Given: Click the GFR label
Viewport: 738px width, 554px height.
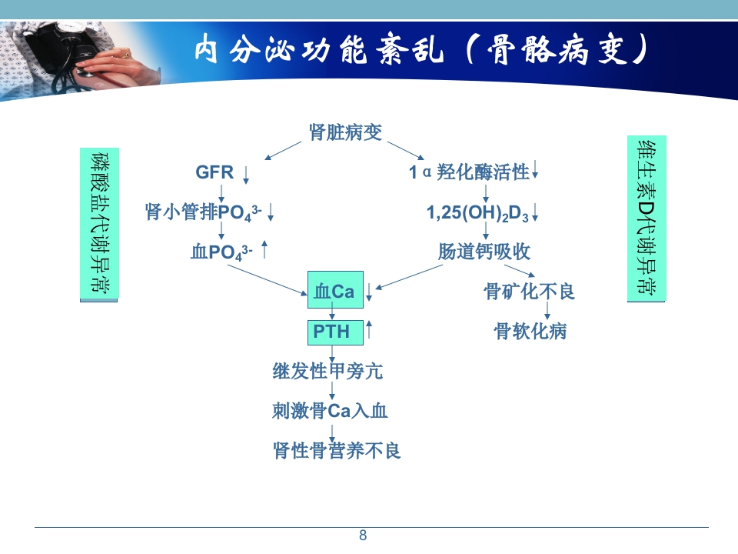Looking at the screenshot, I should pyautogui.click(x=214, y=172).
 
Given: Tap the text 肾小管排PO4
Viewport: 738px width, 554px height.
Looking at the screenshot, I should pyautogui.click(x=203, y=212).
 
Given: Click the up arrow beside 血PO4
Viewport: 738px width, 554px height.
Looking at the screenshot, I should pyautogui.click(x=264, y=249).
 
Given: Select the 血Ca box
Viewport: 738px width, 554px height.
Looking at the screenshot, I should pyautogui.click(x=334, y=291).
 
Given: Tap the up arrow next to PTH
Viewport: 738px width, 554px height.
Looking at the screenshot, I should pyautogui.click(x=369, y=329).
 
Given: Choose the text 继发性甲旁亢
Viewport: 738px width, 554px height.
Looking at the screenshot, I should pyautogui.click(x=327, y=372).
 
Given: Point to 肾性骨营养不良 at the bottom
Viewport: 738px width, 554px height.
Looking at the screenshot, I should pyautogui.click(x=337, y=450).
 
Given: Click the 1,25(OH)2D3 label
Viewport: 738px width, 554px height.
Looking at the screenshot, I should pyautogui.click(x=477, y=213).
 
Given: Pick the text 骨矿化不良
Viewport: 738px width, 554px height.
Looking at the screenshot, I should pyautogui.click(x=529, y=292).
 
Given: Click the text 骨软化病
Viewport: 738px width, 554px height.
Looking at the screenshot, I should pyautogui.click(x=530, y=332).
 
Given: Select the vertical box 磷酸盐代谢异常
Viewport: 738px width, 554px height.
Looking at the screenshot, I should pyautogui.click(x=99, y=223).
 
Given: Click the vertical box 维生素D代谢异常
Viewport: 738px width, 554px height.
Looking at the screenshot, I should pyautogui.click(x=647, y=218).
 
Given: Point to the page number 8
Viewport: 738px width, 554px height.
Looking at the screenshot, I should pyautogui.click(x=364, y=536).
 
